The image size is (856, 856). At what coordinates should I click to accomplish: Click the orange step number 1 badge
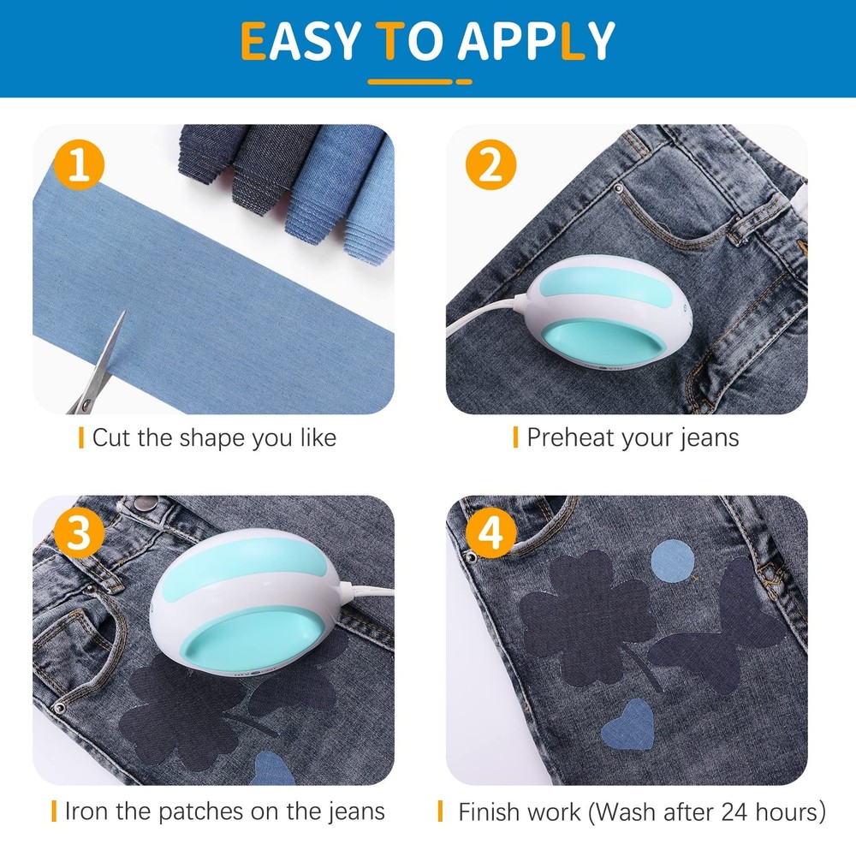pos(79,165)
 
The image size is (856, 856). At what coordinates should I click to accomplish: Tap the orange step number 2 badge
pos(490,165)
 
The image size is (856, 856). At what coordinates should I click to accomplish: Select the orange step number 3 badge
pos(79,532)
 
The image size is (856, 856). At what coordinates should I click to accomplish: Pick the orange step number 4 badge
pos(490,532)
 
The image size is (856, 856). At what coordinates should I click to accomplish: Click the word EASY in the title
pos(300,41)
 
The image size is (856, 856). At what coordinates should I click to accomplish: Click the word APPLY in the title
pos(536,41)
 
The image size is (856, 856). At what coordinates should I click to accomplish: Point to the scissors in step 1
pos(98,365)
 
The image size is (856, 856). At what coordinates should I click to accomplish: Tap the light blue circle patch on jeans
pos(673,562)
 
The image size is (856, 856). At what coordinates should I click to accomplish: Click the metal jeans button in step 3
pos(146,502)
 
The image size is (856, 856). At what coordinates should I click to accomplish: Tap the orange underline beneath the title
pos(419,82)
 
